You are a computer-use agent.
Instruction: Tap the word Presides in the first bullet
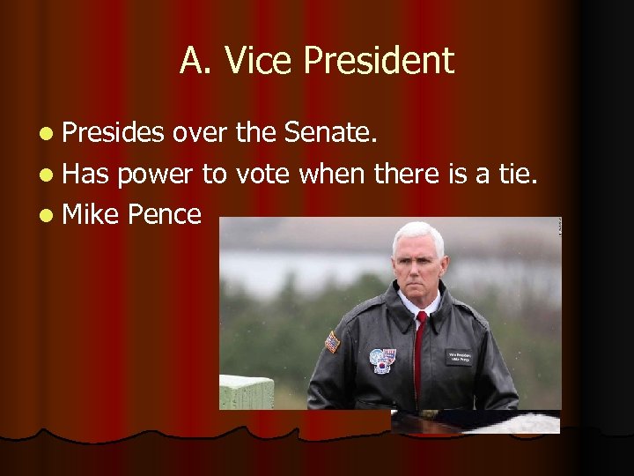[x=114, y=133]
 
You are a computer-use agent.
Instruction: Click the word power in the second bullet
[x=155, y=174]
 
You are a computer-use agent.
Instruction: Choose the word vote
[x=262, y=174]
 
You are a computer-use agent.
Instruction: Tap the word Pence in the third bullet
[x=165, y=213]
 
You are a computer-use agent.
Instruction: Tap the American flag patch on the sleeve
[x=332, y=341]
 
